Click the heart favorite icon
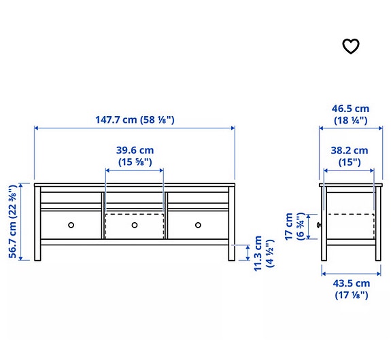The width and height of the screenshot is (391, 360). (350, 46)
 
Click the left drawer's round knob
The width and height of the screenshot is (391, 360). (71, 225)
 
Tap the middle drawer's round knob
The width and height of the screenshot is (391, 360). (135, 225)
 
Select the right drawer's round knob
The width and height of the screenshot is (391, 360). (199, 225)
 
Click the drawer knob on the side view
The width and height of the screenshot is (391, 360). (318, 225)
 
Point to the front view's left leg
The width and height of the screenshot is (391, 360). (37, 252)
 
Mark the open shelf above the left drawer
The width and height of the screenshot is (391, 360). (71, 196)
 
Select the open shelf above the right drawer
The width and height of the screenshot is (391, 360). (199, 196)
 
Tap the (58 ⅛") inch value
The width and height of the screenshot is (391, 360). (158, 120)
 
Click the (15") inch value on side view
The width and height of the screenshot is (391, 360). (350, 162)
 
